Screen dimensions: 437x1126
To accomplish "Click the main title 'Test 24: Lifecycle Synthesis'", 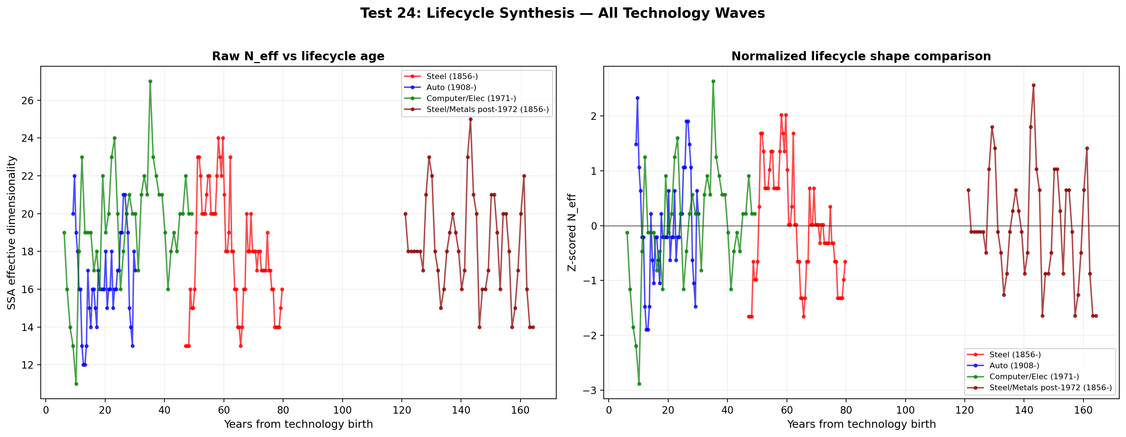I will coord(562,13).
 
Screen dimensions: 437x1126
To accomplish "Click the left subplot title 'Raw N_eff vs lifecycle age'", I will coord(298,56).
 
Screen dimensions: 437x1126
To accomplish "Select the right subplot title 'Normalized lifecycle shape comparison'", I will coord(861,56).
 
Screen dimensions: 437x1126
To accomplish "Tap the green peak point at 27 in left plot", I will coord(150,82).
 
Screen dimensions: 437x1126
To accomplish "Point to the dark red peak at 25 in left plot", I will coord(470,119).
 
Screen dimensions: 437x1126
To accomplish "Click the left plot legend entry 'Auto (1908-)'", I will coord(451,88).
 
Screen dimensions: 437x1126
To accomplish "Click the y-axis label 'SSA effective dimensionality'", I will coord(12,233).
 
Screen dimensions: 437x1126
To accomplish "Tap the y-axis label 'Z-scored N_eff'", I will coord(572,233).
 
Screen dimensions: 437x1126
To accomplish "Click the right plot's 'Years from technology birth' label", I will coord(861,424).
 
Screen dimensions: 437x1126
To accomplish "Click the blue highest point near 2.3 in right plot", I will coord(637,98).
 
